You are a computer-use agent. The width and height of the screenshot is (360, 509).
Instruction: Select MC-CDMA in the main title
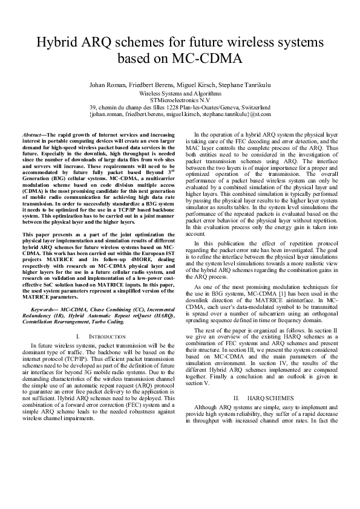click(208, 59)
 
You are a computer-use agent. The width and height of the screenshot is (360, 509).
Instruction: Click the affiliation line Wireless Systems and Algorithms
click(180, 94)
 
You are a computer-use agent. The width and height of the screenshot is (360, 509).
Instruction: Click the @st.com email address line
click(180, 114)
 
